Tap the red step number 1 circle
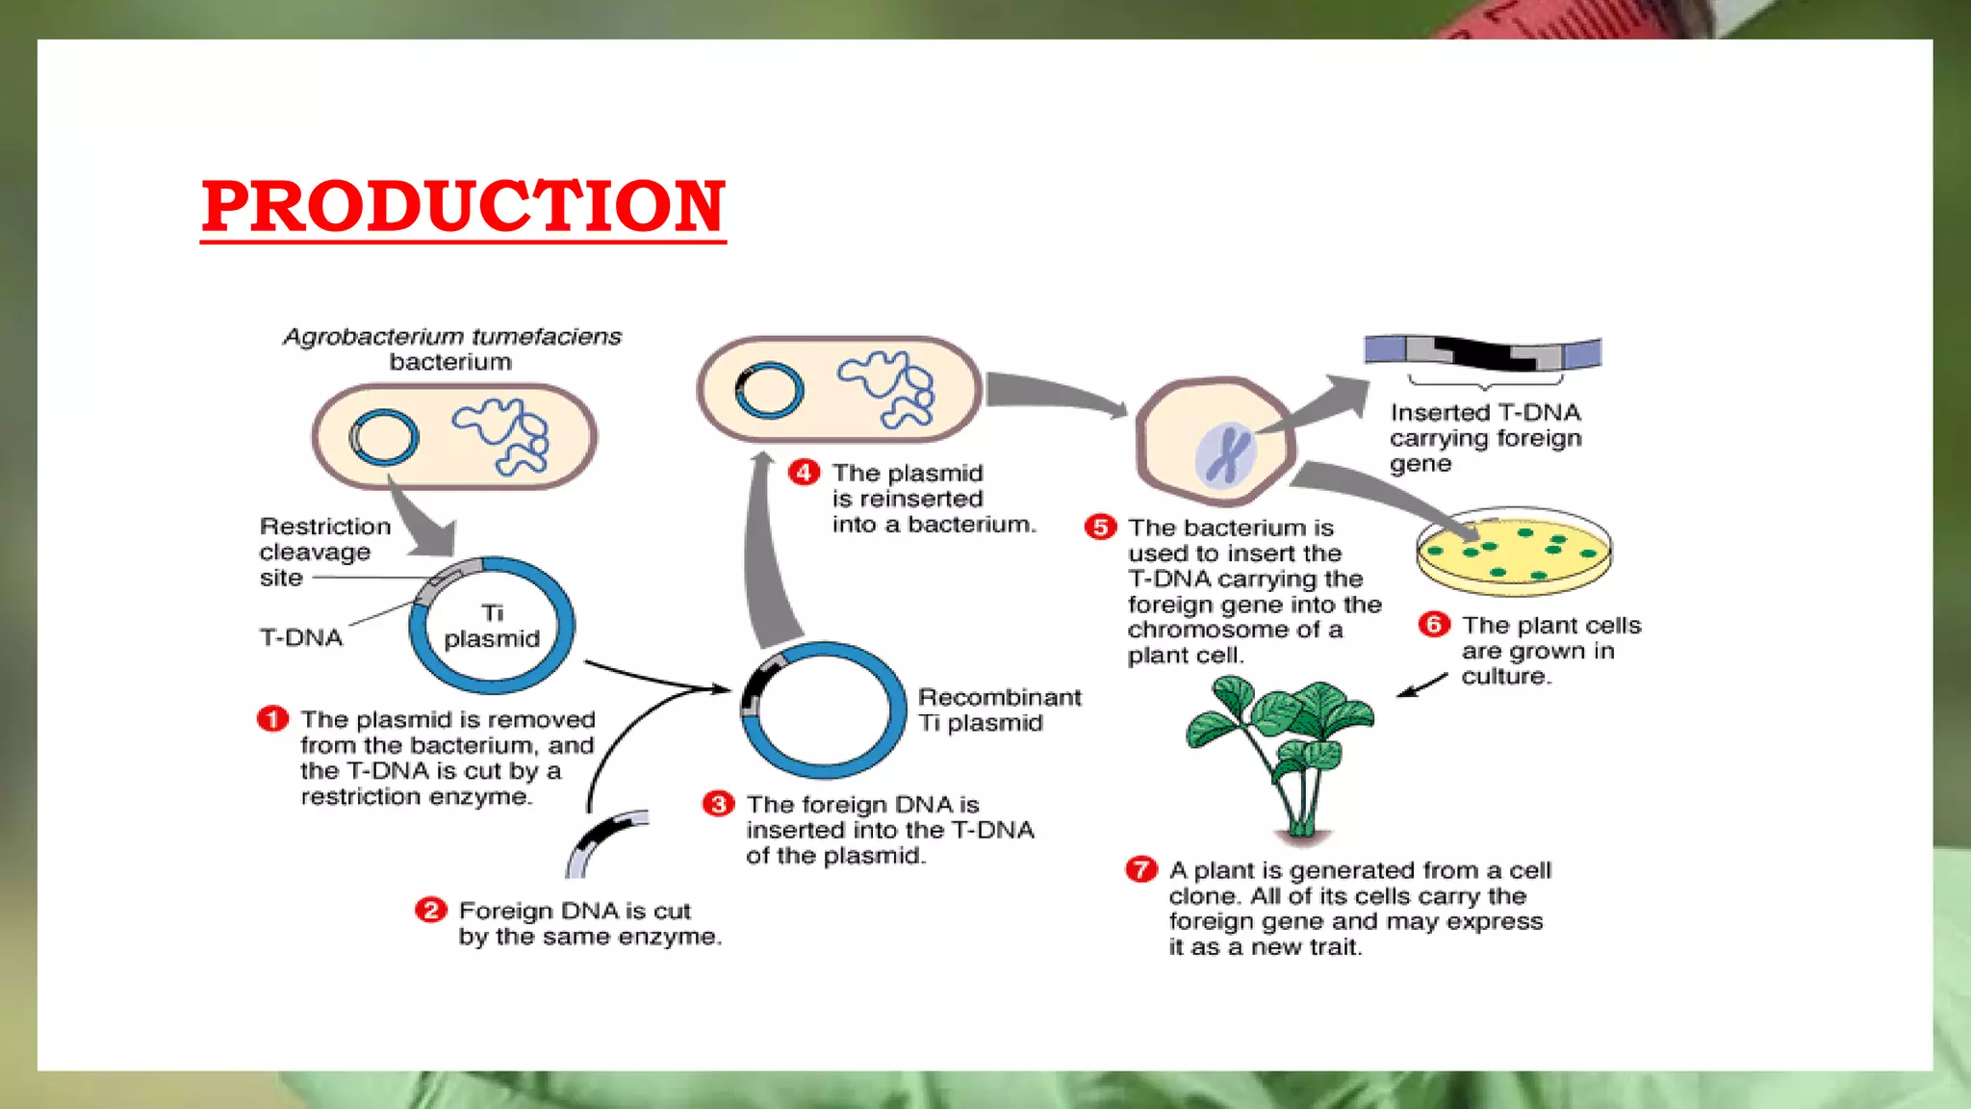click(x=272, y=719)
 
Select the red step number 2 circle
click(x=430, y=910)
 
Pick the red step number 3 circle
click(x=718, y=804)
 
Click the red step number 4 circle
click(x=804, y=473)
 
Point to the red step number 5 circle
click(x=1100, y=528)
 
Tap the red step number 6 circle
click(x=1434, y=625)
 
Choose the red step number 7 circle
click(x=1140, y=870)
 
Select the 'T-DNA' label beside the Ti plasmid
click(x=301, y=637)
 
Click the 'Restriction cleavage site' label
click(x=323, y=552)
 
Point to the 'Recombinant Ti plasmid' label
click(x=999, y=709)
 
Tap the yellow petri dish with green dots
click(x=1514, y=553)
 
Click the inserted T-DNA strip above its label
click(x=1482, y=353)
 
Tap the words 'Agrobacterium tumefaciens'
click(x=452, y=337)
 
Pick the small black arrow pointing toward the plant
click(x=1422, y=685)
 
